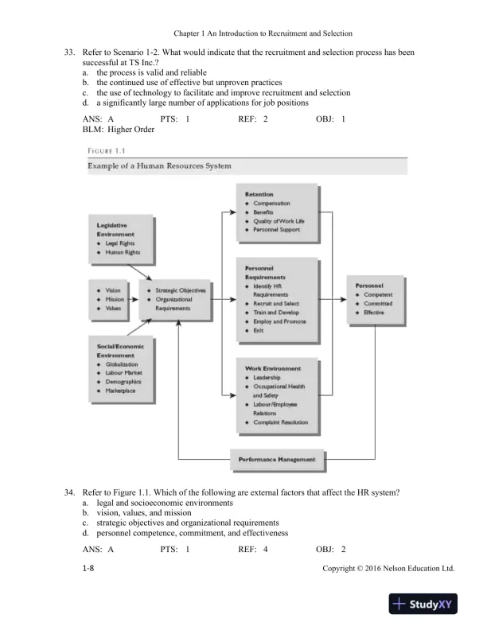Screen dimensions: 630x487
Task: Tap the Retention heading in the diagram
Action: coord(259,194)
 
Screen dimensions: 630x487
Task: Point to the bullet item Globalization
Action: coord(122,364)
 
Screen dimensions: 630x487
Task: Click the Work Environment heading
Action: coord(273,368)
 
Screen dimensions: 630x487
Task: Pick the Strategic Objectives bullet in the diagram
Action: coord(181,290)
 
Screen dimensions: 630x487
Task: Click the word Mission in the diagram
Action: coord(114,299)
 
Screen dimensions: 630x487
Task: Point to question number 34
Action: coord(69,492)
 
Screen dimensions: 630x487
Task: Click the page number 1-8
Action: coord(89,570)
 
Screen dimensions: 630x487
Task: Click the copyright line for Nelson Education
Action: coord(388,570)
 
